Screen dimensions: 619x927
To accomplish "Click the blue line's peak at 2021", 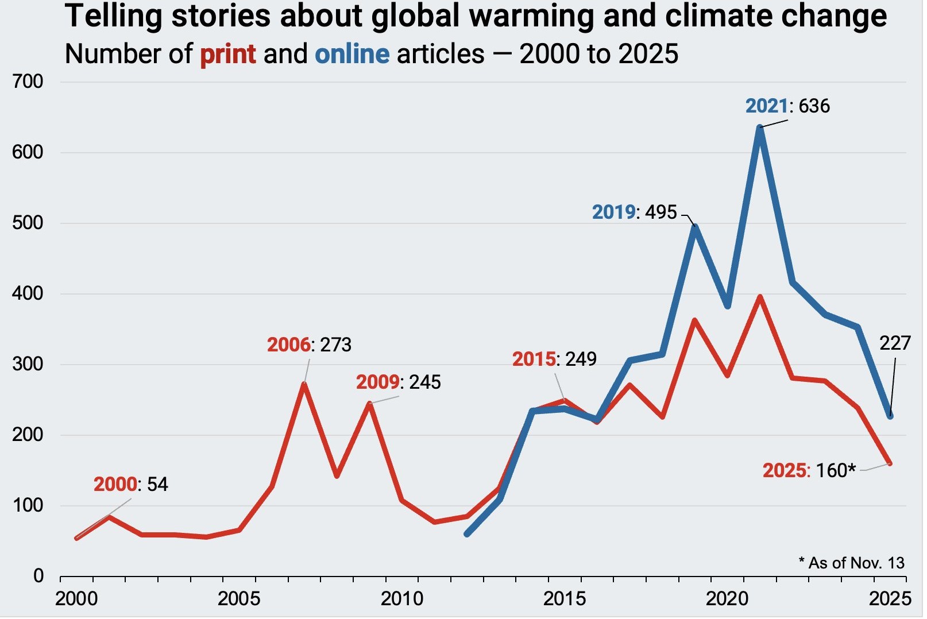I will tap(760, 127).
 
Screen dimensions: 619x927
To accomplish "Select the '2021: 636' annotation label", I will tap(787, 106).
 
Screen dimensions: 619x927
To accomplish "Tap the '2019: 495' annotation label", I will tap(635, 212).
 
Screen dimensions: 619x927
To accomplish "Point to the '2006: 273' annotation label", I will tap(309, 345).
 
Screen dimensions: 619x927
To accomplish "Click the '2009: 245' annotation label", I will tap(398, 382).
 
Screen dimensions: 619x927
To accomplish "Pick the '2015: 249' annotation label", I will tap(554, 359).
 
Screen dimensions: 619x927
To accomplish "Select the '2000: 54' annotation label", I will tap(131, 485).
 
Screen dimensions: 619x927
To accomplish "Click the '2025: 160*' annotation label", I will tap(809, 471).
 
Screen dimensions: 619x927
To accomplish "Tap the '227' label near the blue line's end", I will tap(895, 343).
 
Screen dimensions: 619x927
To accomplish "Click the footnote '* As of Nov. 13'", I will tap(851, 563).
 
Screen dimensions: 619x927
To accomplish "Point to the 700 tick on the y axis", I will tap(28, 82).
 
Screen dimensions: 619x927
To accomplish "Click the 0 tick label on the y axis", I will tap(38, 576).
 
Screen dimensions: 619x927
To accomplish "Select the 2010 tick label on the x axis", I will tap(402, 599).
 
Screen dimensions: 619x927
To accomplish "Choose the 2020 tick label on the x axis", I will tap(727, 599).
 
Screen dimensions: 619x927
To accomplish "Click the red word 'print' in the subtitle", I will tap(227, 55).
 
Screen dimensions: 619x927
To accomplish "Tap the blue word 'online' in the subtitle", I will tap(352, 55).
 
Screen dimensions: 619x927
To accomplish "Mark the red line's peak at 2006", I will tap(304, 384).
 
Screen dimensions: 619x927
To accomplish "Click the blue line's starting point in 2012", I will tap(467, 534).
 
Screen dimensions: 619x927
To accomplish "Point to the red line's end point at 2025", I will tap(890, 463).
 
